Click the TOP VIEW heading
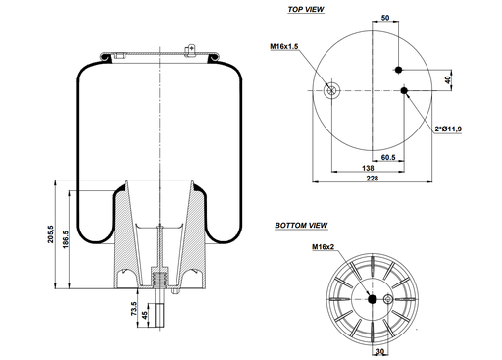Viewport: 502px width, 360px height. coord(305,9)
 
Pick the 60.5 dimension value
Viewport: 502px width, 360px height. coord(387,157)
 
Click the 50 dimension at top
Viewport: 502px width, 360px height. coord(384,18)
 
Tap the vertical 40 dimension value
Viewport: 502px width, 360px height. coord(449,79)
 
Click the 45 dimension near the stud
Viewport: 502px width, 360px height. coord(147,316)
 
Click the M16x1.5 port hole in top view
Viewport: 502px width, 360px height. coord(332,92)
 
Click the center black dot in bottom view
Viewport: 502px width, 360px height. coord(370,299)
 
